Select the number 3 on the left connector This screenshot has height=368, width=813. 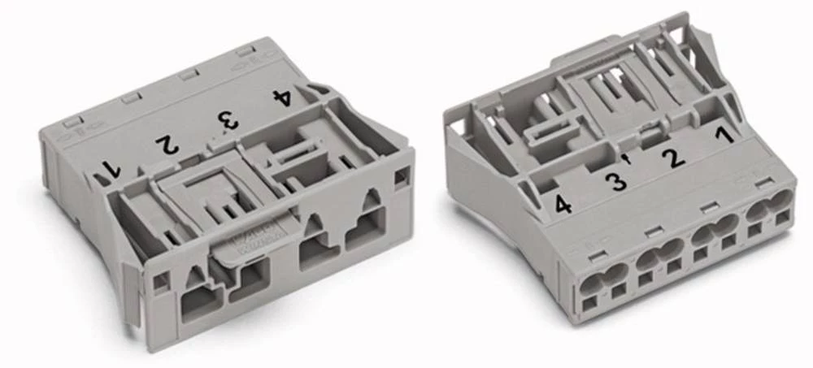227,121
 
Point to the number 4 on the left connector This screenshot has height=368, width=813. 281,98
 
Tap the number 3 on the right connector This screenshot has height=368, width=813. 619,181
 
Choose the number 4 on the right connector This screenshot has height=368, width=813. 563,206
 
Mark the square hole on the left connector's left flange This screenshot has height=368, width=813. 161,281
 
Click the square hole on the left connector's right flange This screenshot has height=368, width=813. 401,175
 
